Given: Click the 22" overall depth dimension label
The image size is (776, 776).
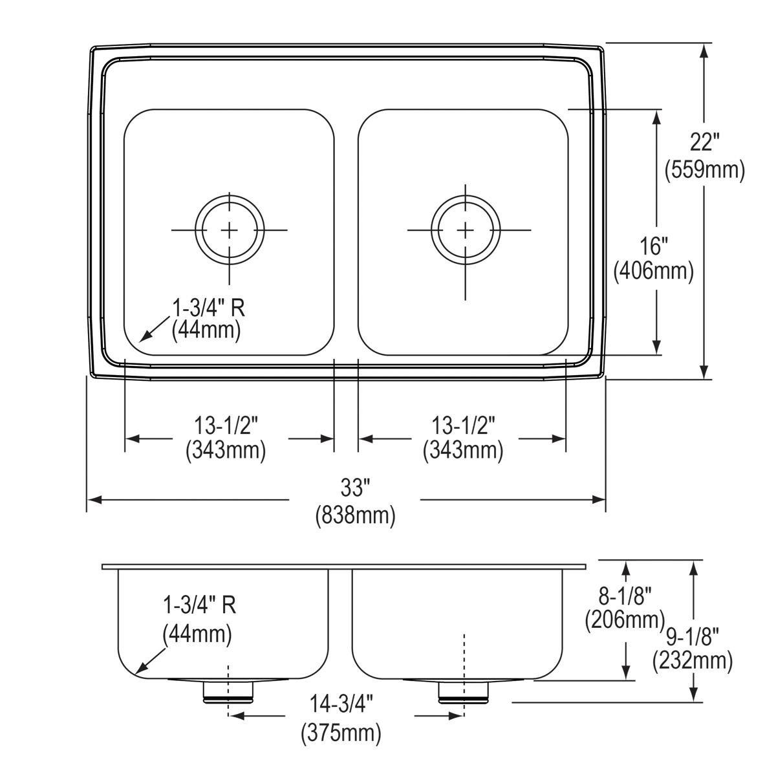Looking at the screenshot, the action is click(x=704, y=142).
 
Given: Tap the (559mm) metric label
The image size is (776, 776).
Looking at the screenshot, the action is click(x=705, y=171).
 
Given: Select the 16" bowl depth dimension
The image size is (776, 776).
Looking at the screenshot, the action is click(x=654, y=246).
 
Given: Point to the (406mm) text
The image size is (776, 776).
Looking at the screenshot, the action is click(x=654, y=272).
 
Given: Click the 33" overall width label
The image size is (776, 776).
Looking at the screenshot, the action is click(x=355, y=488).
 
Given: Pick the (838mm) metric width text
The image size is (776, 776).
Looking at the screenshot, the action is click(x=355, y=515).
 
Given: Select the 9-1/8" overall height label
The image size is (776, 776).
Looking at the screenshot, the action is click(x=692, y=637).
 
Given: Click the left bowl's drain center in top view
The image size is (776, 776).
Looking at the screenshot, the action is click(x=230, y=230).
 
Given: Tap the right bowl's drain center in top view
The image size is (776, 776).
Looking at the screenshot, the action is click(x=466, y=230).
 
